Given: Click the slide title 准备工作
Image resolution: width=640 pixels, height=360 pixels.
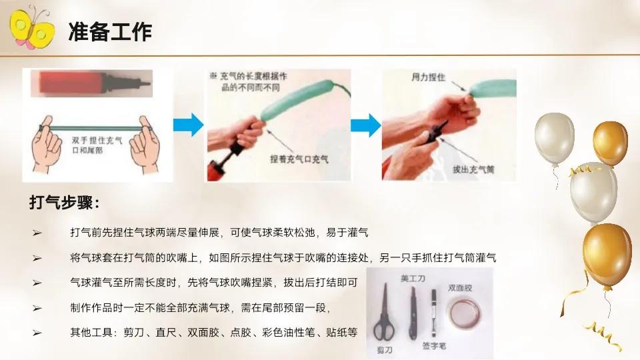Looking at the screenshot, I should coord(109,31).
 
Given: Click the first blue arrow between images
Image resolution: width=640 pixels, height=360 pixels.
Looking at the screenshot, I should coord(187,125).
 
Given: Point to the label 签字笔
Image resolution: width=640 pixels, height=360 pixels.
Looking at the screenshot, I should coord(434,346).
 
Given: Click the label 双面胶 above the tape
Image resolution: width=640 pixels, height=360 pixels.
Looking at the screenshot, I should coord(459,288).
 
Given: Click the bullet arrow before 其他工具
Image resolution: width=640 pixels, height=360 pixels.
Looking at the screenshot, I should coord(37,332).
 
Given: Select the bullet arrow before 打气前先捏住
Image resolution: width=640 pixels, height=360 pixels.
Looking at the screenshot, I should coord(37,233).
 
